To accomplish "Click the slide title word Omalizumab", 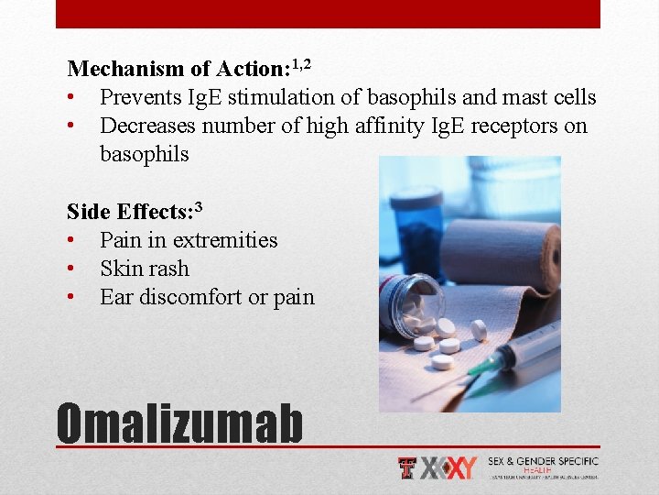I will pos(179,423).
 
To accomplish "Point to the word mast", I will pos(512,97).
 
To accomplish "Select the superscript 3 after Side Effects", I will pos(197,205).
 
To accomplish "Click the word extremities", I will pos(225,240).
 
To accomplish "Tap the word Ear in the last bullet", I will pos(115,297).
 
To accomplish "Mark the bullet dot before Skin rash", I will pos(70,269).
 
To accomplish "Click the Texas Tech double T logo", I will pos(408,468).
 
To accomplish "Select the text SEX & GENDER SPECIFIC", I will pos(543,461).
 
